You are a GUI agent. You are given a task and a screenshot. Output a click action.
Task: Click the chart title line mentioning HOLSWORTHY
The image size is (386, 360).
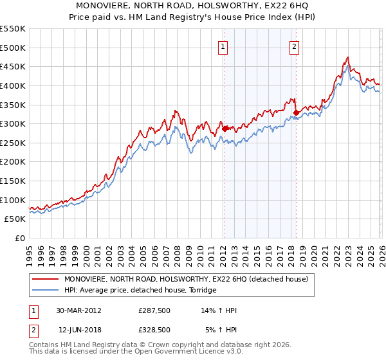point(193,6)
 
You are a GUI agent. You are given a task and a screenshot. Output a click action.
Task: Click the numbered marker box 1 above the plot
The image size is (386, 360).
point(223,46)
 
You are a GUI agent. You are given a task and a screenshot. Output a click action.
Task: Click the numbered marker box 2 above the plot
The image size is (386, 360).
point(294,46)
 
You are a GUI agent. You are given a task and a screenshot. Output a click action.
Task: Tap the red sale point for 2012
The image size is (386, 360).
point(225,129)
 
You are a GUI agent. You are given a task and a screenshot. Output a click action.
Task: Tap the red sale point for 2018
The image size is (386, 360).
point(296,113)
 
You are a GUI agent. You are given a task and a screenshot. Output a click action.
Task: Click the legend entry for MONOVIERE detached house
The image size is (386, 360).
point(186,279)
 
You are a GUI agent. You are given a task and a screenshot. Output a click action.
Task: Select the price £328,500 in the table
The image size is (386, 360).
point(154,329)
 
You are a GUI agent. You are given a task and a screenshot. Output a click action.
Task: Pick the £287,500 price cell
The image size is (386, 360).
point(154,310)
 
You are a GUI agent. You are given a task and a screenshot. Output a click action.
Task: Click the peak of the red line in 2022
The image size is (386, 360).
point(347,57)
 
